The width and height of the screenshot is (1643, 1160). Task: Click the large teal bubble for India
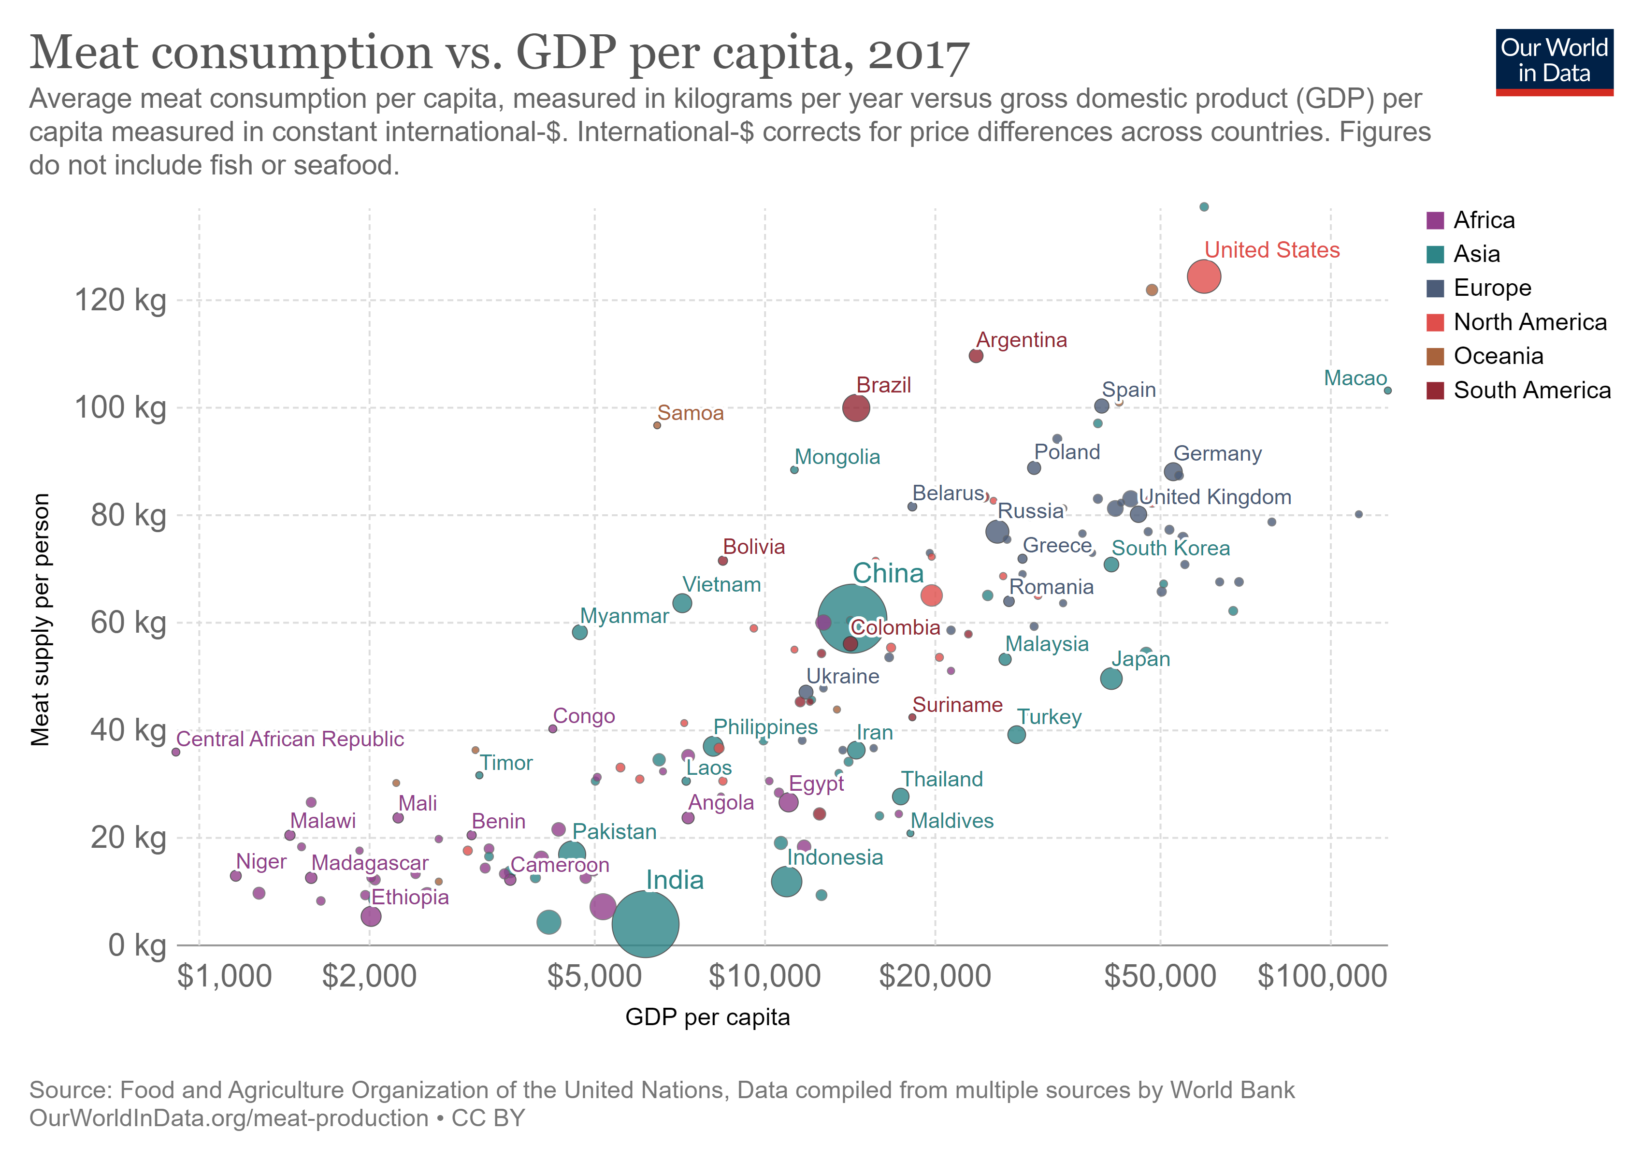click(646, 924)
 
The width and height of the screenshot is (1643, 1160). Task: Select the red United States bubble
click(1204, 276)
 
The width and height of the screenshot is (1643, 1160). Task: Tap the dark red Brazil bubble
click(856, 408)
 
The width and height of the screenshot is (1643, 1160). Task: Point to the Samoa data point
click(657, 425)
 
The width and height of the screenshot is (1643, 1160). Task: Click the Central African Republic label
click(290, 739)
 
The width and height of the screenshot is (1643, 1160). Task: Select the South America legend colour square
click(1435, 390)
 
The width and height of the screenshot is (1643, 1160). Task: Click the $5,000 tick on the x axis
click(594, 976)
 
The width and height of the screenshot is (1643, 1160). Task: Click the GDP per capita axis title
click(707, 1017)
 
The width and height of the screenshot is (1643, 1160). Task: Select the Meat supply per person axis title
click(40, 619)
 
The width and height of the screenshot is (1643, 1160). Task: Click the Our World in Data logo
click(1554, 61)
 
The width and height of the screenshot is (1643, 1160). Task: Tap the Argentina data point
click(975, 356)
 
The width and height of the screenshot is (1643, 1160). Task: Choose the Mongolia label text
click(837, 457)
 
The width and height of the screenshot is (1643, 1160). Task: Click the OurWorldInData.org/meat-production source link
click(229, 1118)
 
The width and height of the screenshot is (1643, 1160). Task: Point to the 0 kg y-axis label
click(137, 945)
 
